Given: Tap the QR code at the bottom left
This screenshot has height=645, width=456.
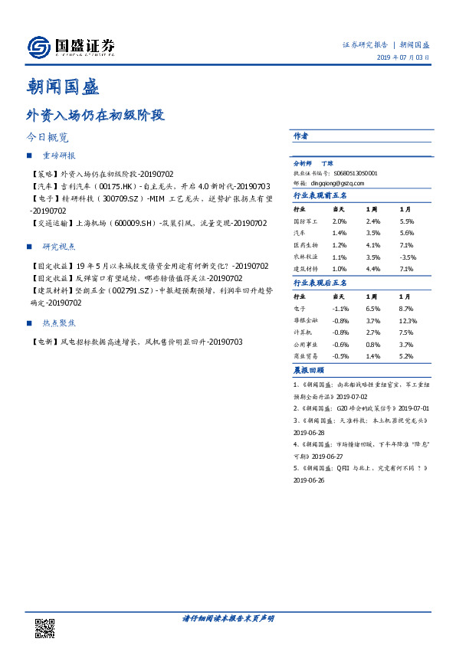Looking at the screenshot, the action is pyautogui.click(x=45, y=627).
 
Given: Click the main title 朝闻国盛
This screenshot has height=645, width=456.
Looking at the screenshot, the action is pyautogui.click(x=63, y=87).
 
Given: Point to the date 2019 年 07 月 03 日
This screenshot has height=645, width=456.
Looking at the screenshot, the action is pyautogui.click(x=402, y=58).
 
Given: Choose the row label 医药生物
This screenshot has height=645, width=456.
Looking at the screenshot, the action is pyautogui.click(x=304, y=245).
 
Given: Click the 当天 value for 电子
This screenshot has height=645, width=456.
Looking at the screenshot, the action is pyautogui.click(x=339, y=308).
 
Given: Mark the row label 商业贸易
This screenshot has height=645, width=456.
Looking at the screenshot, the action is pyautogui.click(x=304, y=356).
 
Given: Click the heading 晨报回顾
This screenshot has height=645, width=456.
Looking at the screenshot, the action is pyautogui.click(x=309, y=369).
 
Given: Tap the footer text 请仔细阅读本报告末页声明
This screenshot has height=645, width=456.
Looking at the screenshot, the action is pyautogui.click(x=228, y=618).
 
